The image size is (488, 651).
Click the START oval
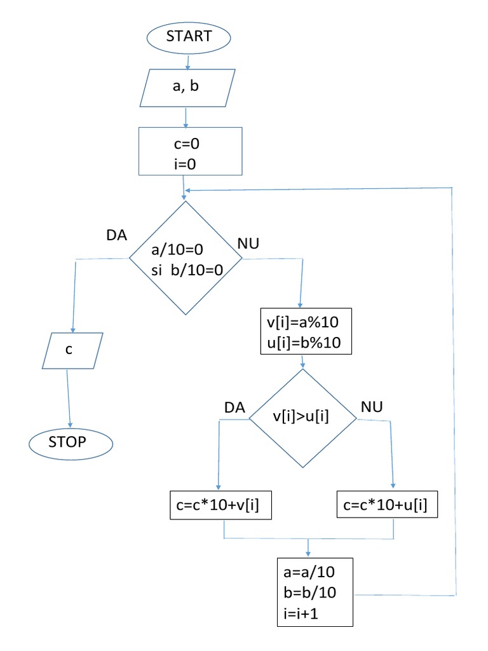click(188, 37)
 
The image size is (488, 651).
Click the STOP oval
click(70, 442)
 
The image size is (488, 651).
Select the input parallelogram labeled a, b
click(186, 87)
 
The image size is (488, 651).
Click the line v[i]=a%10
click(304, 322)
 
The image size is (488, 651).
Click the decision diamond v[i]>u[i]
click(301, 416)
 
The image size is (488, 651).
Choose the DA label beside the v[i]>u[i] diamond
click(235, 408)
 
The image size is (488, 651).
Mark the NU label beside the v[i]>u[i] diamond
click(371, 406)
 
